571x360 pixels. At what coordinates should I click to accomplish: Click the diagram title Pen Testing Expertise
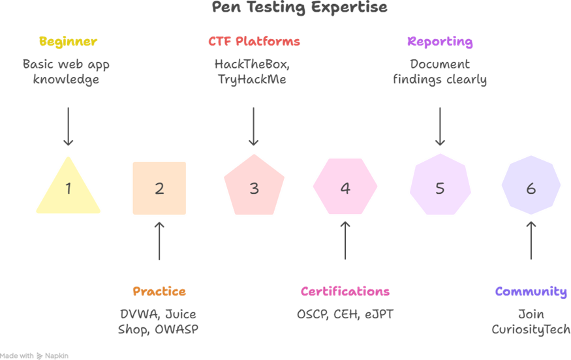300,8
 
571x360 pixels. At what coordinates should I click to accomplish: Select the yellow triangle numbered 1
69,190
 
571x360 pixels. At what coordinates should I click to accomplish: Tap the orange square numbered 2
159,188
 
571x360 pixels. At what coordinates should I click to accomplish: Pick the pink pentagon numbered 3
254,188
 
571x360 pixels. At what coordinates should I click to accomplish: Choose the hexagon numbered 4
345,188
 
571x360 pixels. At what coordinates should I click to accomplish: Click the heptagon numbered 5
440,188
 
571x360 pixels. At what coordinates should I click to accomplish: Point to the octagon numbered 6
531,188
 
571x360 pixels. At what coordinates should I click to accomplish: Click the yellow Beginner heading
68,42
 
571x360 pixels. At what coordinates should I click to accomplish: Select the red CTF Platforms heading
254,42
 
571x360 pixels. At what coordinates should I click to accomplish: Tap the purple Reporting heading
440,42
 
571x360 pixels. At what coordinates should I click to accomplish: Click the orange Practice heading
159,292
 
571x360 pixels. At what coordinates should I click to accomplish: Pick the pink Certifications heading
345,292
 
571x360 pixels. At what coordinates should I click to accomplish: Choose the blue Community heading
531,292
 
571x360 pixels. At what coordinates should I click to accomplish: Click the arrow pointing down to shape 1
68,127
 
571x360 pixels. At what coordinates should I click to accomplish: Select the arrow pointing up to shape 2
159,241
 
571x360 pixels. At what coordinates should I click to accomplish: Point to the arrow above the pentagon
254,127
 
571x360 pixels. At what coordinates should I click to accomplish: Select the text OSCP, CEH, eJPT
345,314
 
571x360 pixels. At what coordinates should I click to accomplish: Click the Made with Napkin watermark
34,355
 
